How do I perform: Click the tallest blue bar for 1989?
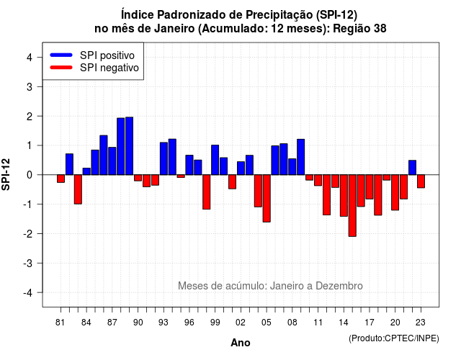(x=130, y=145)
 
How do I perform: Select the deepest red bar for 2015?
(x=352, y=205)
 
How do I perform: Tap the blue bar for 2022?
(x=412, y=168)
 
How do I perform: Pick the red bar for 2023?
(x=421, y=181)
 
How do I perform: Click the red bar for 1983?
(x=78, y=189)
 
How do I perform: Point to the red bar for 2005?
(x=267, y=199)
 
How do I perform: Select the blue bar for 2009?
(x=301, y=157)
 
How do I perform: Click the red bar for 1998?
(x=207, y=192)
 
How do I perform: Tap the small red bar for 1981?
(x=61, y=179)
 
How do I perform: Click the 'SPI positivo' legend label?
(x=107, y=55)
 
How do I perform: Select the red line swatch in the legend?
(x=61, y=67)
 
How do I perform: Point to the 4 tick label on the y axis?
(x=30, y=58)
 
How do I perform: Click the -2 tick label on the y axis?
(x=28, y=233)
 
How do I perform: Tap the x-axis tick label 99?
(x=215, y=323)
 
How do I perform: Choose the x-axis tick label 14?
(x=344, y=323)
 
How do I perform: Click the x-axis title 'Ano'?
(x=241, y=343)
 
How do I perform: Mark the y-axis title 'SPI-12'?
(x=6, y=174)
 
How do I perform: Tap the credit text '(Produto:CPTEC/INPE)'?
(x=394, y=338)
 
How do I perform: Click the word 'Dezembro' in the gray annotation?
(x=339, y=286)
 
